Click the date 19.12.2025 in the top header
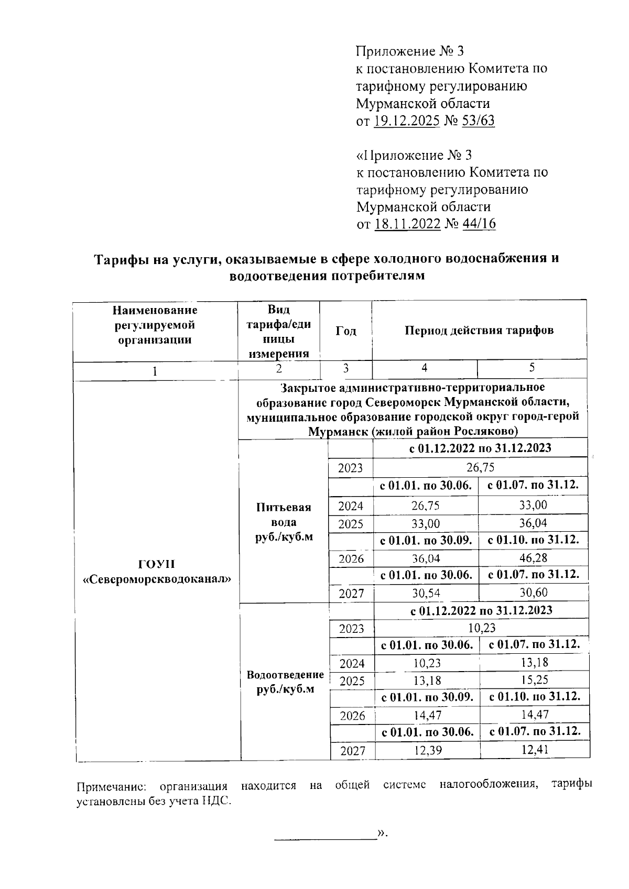(x=407, y=121)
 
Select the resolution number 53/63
(x=478, y=121)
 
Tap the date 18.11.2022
(x=407, y=224)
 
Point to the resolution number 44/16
(x=478, y=224)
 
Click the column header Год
(x=345, y=331)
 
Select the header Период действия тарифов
(x=479, y=331)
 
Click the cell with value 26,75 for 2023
(x=481, y=467)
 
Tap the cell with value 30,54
(x=425, y=593)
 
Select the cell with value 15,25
(x=534, y=680)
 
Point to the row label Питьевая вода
(x=284, y=522)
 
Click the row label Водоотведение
(x=285, y=675)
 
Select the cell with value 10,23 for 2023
(x=481, y=628)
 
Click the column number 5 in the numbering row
(x=532, y=368)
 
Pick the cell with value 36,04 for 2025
(x=533, y=523)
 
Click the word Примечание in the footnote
(x=113, y=787)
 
